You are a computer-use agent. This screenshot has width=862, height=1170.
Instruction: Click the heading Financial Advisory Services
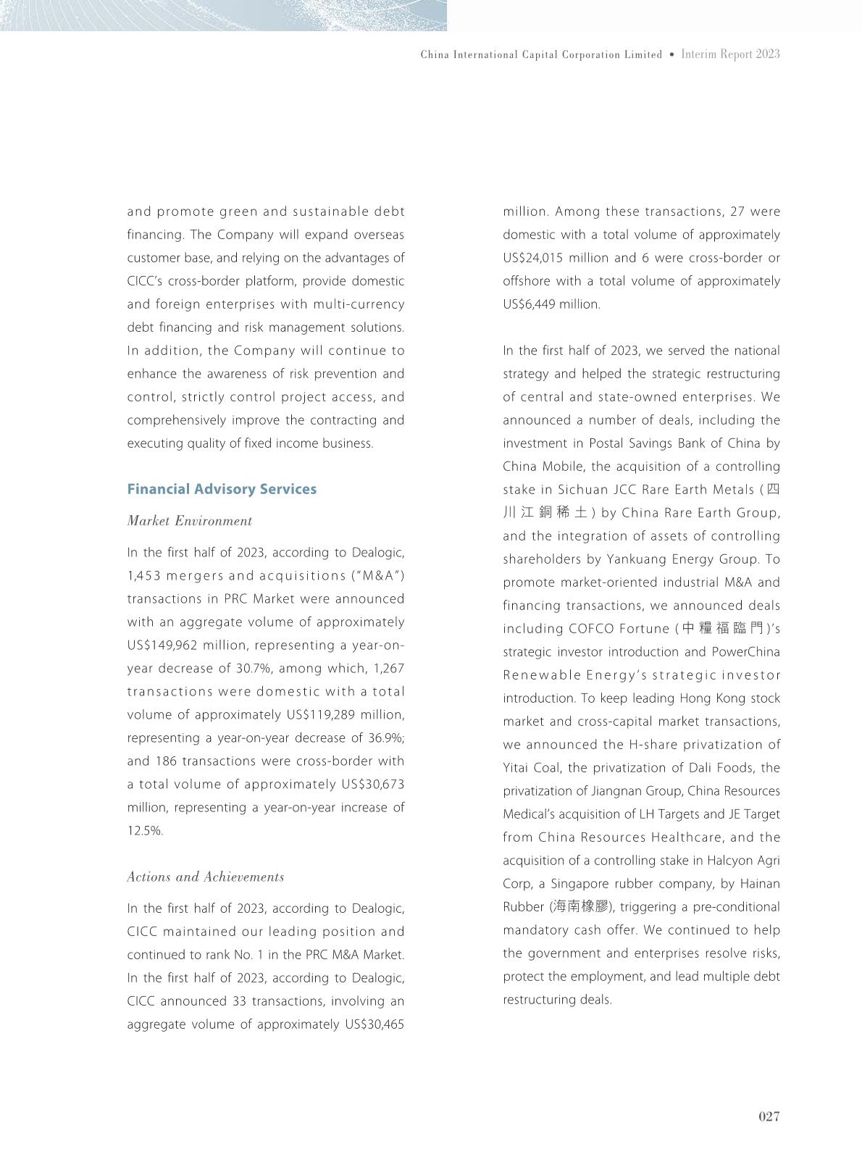(x=222, y=489)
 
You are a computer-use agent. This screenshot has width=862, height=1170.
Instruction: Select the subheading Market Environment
(x=190, y=521)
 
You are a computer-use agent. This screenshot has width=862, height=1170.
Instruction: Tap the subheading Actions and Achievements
(x=206, y=877)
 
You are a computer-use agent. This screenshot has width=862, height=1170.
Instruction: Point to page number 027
(x=769, y=1116)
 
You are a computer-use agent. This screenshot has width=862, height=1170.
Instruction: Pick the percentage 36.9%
(x=388, y=738)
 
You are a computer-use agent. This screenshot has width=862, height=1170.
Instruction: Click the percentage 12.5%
(x=145, y=831)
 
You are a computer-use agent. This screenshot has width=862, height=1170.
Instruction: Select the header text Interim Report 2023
(x=730, y=54)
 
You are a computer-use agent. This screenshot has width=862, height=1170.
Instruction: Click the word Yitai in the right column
(x=517, y=768)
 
